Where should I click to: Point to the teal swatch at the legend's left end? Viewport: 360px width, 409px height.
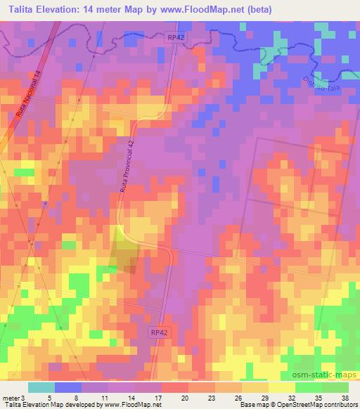coord(41,387)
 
